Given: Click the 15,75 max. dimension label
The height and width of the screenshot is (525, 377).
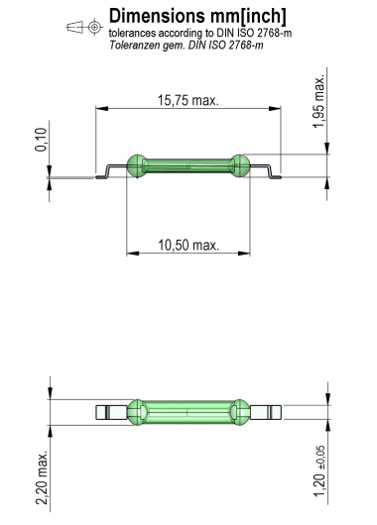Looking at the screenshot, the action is pos(188,100).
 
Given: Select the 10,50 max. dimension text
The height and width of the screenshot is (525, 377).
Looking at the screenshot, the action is pos(188,245).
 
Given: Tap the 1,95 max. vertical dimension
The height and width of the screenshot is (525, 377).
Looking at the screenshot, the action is pos(319,101).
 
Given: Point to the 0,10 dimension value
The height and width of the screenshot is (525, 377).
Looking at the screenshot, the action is pos(41,140).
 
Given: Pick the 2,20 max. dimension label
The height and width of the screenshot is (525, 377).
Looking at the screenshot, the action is pos(42,477).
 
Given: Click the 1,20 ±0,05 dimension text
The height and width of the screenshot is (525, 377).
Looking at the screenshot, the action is pos(319,472).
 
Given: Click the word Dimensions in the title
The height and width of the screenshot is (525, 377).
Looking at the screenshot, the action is pos(157,16).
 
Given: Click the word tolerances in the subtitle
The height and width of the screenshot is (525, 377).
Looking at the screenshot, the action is pos(132,33).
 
